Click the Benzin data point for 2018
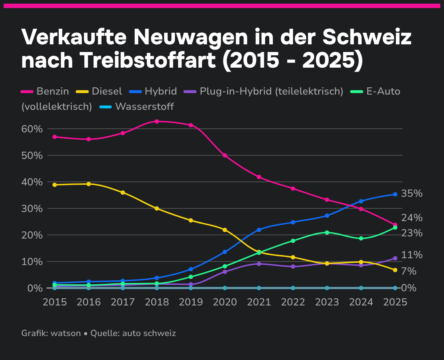point(157,121)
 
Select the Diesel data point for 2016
point(89,184)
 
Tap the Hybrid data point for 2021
point(259,230)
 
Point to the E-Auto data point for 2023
point(327,232)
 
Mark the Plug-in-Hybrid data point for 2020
point(225,272)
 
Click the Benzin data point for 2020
point(225,155)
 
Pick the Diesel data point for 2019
point(191,220)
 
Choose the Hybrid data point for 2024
point(361,201)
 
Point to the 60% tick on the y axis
point(32,129)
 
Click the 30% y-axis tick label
point(32,209)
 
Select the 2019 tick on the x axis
point(191,302)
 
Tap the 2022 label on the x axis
point(293,302)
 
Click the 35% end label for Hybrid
point(412,193)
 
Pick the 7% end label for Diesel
point(409,271)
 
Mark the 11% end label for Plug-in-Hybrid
point(412,255)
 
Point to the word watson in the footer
point(66,333)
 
